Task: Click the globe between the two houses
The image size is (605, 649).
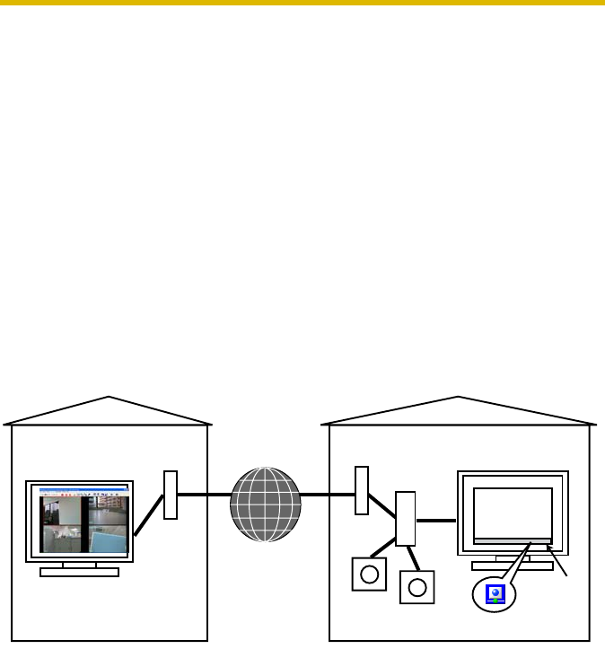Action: point(265,505)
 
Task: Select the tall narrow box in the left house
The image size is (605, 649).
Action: point(171,494)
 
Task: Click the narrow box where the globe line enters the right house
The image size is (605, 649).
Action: point(362,490)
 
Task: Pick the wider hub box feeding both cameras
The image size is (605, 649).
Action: point(406,518)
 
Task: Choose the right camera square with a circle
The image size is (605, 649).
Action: point(416,587)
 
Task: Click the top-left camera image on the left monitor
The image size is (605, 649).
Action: point(63,513)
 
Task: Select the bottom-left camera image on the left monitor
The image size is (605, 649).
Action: point(63,539)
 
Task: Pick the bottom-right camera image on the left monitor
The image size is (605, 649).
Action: point(109,539)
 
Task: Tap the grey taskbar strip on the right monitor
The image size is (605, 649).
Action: point(512,541)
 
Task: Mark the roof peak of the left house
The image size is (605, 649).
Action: point(109,397)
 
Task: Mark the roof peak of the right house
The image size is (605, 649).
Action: point(459,397)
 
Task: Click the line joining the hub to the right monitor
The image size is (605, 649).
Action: point(437,521)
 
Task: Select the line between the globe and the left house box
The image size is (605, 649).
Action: point(204,495)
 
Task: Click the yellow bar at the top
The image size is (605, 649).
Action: point(302,4)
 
